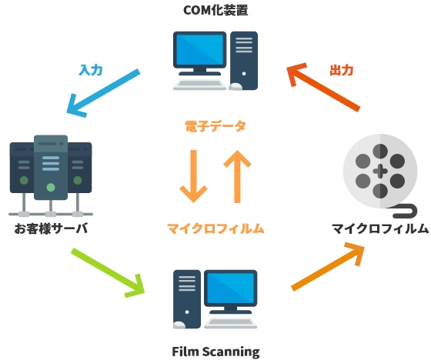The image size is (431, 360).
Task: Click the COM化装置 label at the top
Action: click(x=215, y=11)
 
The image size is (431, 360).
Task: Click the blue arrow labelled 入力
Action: click(x=103, y=93)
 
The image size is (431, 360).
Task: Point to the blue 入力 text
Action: click(x=91, y=69)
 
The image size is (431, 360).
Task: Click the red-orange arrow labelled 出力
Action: click(x=324, y=89)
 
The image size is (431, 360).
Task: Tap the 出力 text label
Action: click(x=341, y=70)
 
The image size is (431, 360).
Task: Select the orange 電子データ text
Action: click(x=215, y=124)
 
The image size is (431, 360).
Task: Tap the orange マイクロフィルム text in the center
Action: click(x=215, y=228)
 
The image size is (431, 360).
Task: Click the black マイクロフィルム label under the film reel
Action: click(x=379, y=228)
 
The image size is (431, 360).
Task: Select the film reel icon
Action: click(x=378, y=170)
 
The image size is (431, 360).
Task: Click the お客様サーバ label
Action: click(x=50, y=228)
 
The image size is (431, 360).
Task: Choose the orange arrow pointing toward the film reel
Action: click(x=328, y=266)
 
